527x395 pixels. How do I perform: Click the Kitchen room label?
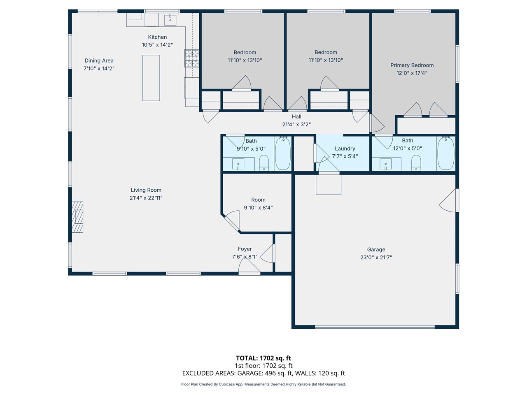point(157,37)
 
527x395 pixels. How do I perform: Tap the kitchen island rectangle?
point(151,78)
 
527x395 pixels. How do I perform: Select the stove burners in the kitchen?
point(191,58)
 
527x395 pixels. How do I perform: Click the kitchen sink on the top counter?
point(170,19)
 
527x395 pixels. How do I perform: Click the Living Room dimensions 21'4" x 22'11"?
point(146,198)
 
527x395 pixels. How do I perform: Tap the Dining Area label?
point(99,60)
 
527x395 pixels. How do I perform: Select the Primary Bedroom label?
point(412,65)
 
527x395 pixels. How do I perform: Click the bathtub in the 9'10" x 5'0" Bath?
point(283,153)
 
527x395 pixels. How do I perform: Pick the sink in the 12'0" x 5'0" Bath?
point(386,164)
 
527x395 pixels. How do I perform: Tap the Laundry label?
point(345,149)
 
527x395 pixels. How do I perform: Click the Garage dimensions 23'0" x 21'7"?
point(376,258)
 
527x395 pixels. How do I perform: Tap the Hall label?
point(296,116)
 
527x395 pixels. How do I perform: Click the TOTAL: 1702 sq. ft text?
point(263,358)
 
